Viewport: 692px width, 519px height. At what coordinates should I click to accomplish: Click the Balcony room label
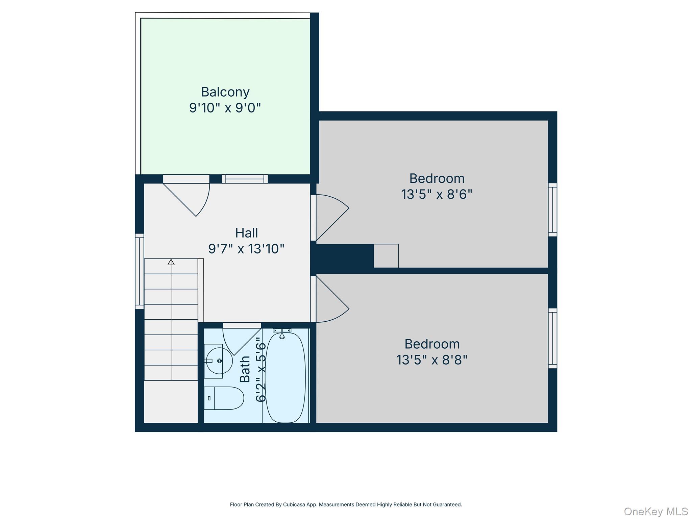click(225, 92)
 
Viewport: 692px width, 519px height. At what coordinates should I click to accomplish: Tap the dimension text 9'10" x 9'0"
click(225, 108)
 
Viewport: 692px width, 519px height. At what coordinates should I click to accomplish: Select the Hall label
click(246, 233)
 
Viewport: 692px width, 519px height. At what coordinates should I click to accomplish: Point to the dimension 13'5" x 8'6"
click(437, 195)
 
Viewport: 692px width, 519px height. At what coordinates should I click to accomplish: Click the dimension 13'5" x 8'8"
click(432, 360)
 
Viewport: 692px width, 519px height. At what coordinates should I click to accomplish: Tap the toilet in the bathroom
click(224, 398)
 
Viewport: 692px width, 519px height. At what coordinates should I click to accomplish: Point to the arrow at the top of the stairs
click(171, 262)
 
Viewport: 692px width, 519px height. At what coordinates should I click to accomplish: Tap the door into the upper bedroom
click(329, 216)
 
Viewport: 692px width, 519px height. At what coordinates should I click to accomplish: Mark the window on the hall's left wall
click(139, 271)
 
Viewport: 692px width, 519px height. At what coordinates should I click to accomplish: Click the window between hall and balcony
click(245, 179)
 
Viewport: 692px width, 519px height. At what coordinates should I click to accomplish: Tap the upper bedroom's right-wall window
click(552, 210)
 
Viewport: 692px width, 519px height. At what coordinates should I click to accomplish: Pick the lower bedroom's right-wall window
click(552, 338)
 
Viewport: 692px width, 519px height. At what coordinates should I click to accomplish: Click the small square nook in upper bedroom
click(386, 256)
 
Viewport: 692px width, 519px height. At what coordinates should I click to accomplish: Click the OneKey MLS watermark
click(656, 511)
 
